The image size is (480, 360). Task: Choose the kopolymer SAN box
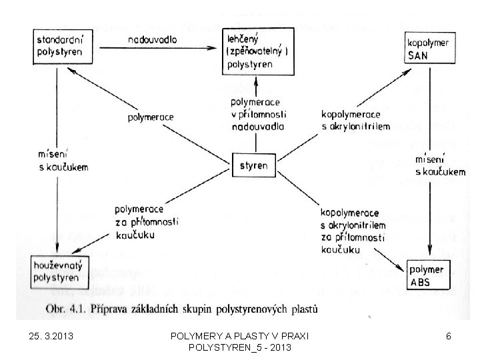tap(427, 49)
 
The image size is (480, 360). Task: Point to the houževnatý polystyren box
tap(58, 271)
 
